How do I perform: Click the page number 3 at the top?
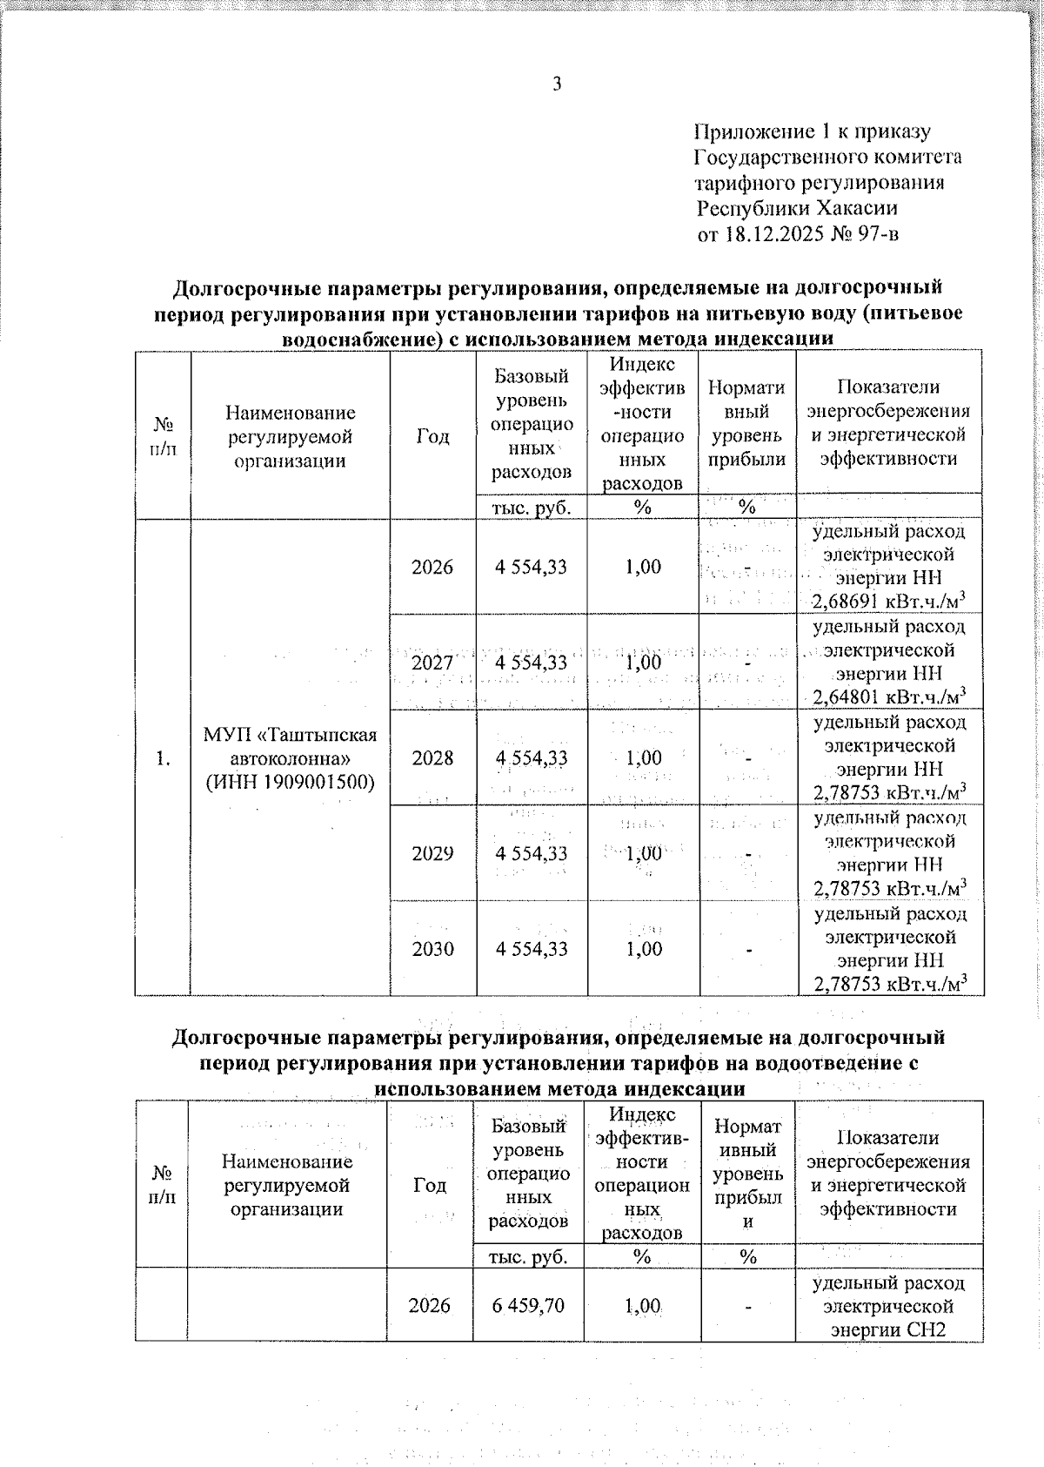click(557, 84)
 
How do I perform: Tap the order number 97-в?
click(876, 234)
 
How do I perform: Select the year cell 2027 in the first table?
click(432, 663)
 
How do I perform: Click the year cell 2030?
click(432, 949)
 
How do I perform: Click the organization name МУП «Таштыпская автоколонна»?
click(290, 746)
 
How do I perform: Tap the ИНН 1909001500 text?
click(290, 782)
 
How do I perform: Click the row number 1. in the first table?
click(162, 758)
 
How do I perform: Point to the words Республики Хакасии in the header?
click(797, 209)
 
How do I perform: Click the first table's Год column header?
click(432, 436)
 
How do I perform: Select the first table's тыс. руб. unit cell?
click(532, 508)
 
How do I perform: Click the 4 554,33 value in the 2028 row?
click(532, 758)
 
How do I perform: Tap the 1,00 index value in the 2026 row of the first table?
click(643, 568)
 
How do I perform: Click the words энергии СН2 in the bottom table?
click(887, 1329)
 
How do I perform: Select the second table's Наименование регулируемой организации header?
click(287, 1185)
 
